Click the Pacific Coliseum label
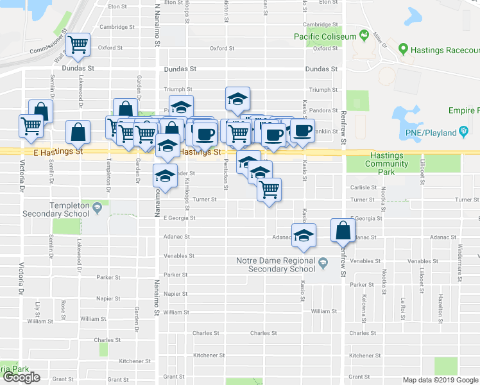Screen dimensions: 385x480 (325, 37)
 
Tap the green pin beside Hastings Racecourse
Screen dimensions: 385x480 (403, 48)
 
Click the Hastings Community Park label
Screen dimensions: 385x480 (387, 160)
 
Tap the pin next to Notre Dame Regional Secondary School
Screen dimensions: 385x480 (323, 261)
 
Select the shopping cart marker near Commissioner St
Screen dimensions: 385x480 (78, 45)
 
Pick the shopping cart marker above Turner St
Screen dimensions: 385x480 (269, 189)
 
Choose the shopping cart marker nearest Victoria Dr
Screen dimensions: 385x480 (30, 125)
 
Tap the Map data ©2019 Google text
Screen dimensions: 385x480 (440, 380)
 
